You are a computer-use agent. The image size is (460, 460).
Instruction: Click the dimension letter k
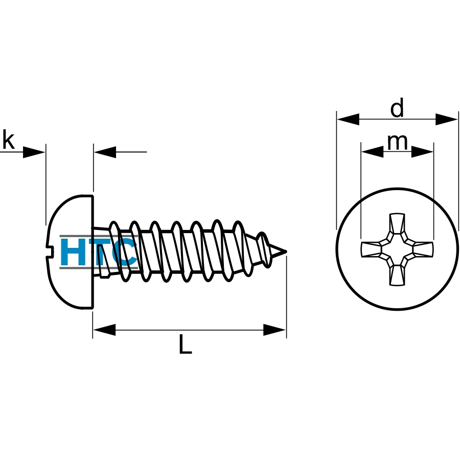[x=9, y=140]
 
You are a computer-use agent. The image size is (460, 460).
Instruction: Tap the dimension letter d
[x=397, y=107]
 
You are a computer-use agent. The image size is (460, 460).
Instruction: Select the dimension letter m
[x=398, y=143]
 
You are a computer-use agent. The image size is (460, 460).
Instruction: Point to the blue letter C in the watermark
[x=125, y=251]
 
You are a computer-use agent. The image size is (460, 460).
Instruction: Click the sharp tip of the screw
[x=286, y=251]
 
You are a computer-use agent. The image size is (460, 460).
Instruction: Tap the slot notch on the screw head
[x=49, y=251]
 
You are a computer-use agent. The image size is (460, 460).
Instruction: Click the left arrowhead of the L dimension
[x=104, y=330]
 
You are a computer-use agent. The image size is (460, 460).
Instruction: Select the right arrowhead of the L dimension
[x=274, y=330]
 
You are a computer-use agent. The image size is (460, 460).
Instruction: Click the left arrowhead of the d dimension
[x=348, y=119]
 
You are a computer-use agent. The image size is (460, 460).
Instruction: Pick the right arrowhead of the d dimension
[x=447, y=119]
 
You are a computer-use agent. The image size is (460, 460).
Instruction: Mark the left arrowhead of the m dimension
[x=373, y=152]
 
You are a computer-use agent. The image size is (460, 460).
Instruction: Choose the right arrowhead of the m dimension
[x=422, y=152]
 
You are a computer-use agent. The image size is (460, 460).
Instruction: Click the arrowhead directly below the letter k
[x=34, y=152]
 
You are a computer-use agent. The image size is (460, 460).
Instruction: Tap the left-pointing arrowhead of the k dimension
[x=105, y=152]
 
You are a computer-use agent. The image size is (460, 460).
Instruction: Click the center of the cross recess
[x=397, y=249]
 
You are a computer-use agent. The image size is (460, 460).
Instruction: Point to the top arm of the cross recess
[x=397, y=224]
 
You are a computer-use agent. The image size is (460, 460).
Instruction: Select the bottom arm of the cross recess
[x=397, y=275]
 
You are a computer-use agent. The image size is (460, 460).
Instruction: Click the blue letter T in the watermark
[x=100, y=251]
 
